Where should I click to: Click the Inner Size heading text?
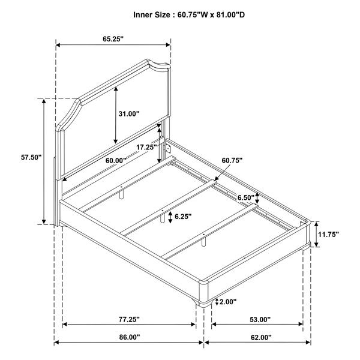point(189,15)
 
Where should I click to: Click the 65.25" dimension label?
point(113,39)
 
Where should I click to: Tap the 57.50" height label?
point(31,157)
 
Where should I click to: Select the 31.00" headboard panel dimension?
point(129,113)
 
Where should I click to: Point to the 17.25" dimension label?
point(147,147)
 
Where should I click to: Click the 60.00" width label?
point(116,160)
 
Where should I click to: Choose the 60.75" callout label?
point(232,160)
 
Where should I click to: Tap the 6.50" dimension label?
point(246,197)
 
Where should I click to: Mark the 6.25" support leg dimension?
point(183,216)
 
